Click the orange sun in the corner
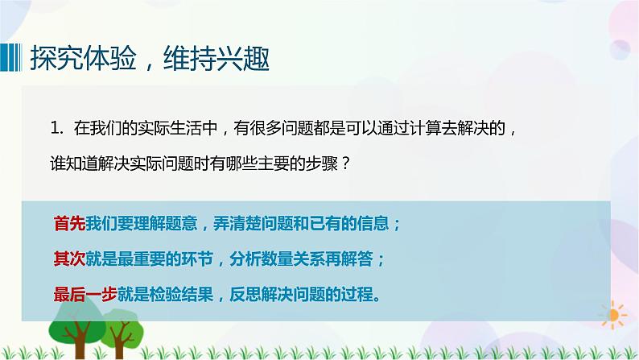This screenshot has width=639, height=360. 616,313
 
